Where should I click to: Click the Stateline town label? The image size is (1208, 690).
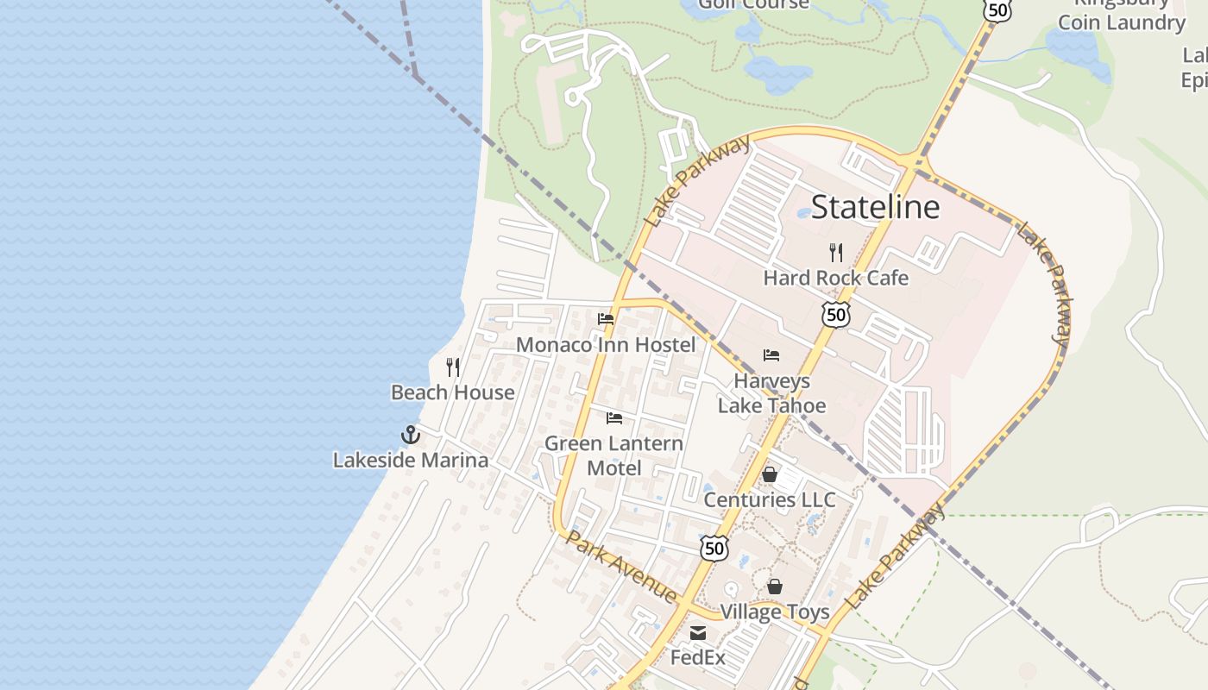point(875,207)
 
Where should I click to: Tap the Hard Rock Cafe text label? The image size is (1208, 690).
point(835,278)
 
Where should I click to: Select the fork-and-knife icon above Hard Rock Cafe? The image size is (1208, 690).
point(835,253)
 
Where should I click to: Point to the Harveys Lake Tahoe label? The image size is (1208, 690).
point(771,393)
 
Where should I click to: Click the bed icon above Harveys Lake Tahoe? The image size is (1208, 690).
point(771,355)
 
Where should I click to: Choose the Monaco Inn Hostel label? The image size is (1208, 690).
point(606,345)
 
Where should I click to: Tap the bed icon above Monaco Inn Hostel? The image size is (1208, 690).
point(606,319)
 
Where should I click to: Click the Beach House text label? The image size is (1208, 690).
point(453,392)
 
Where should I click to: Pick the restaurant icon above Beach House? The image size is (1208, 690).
point(453,367)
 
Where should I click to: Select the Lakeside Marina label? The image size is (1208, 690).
point(411,460)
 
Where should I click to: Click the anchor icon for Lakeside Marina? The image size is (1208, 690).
point(411,435)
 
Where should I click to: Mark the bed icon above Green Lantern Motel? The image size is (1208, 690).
point(614,418)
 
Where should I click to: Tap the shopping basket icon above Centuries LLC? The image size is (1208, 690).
point(770,474)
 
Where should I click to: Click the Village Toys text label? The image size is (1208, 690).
point(775,612)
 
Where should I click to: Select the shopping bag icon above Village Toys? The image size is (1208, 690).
point(775,586)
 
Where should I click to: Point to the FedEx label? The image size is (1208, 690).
point(698,658)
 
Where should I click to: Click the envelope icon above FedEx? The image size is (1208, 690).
point(698,634)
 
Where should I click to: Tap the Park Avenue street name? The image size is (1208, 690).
point(621,565)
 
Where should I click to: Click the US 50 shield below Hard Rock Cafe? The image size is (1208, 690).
point(835,315)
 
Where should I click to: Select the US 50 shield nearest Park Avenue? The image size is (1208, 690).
point(714,548)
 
